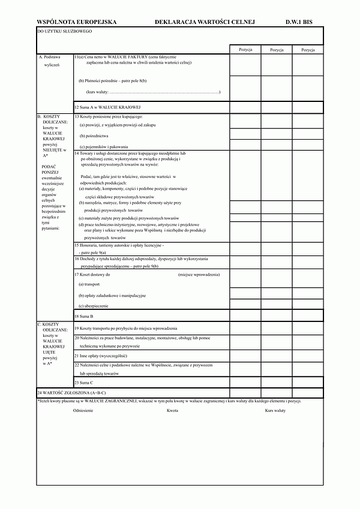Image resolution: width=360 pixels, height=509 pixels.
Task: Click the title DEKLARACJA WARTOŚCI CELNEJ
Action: click(x=205, y=22)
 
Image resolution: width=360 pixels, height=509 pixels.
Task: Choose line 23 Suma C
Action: click(x=84, y=382)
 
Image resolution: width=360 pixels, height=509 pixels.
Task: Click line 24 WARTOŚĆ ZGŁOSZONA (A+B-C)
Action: click(x=71, y=393)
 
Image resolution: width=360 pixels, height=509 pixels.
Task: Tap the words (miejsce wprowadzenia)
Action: click(x=199, y=274)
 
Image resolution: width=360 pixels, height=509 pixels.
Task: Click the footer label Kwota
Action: click(x=173, y=411)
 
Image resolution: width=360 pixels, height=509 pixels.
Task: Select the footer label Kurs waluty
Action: click(x=275, y=411)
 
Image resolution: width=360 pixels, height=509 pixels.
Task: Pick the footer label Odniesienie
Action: click(x=83, y=411)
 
